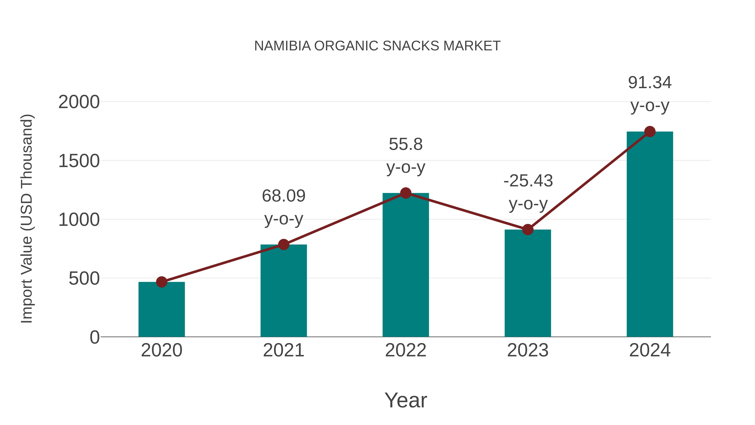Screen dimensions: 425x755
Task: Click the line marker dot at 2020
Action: pyautogui.click(x=161, y=282)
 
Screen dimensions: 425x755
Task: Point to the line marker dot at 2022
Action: pyautogui.click(x=406, y=193)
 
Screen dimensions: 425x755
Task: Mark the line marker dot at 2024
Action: pyautogui.click(x=650, y=132)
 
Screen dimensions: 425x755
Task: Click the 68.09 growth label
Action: pyautogui.click(x=283, y=196)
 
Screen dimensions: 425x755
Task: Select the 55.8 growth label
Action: pyautogui.click(x=406, y=144)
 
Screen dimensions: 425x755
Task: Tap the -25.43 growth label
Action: pyautogui.click(x=528, y=181)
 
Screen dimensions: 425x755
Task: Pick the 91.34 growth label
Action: pyautogui.click(x=650, y=82)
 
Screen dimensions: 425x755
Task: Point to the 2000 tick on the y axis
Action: pyautogui.click(x=79, y=102)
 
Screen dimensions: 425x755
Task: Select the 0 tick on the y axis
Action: pyautogui.click(x=94, y=337)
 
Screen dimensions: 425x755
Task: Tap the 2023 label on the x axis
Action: pyautogui.click(x=528, y=350)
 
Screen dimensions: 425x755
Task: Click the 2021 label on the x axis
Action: pyautogui.click(x=283, y=350)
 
